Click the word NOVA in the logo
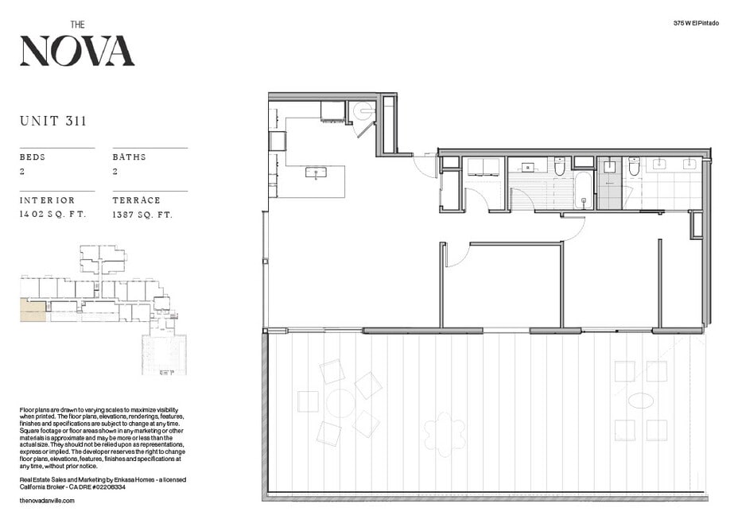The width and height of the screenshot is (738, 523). coord(77,50)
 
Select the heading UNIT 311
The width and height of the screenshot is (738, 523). coord(53,121)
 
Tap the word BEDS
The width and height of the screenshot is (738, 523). coord(33,157)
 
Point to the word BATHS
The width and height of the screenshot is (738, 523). coord(129,157)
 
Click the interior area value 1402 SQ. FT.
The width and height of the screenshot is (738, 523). coord(52,214)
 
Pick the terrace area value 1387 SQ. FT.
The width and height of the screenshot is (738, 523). coord(142,215)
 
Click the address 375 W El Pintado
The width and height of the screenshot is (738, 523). coord(696,23)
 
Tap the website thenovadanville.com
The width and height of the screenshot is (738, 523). coord(47,501)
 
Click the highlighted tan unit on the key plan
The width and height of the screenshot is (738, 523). coord(33,311)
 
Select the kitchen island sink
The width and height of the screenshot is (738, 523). coord(316,172)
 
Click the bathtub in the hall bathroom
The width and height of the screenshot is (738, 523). coord(584,191)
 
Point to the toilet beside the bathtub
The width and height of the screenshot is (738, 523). coord(559,166)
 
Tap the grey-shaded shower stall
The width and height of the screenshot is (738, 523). coord(609,183)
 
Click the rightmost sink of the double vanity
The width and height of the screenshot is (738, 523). coord(689,164)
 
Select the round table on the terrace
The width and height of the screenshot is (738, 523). coord(340,403)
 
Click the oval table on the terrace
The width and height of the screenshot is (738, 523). coord(640,401)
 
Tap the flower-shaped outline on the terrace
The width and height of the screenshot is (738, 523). coord(445,434)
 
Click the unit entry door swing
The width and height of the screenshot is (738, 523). coord(425,165)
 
